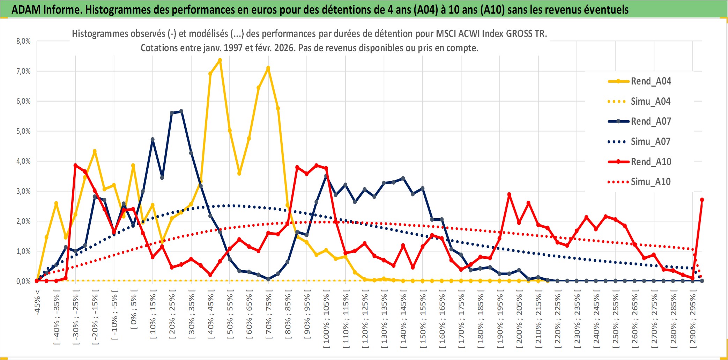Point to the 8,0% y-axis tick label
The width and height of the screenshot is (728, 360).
tap(23, 41)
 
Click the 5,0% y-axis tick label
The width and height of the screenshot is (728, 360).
tap(23, 131)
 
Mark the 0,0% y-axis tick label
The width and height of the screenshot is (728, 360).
tap(23, 281)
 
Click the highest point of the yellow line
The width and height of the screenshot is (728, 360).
tap(220, 60)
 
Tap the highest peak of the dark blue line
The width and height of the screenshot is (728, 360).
tap(181, 111)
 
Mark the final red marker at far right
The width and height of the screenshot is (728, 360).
tap(702, 200)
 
